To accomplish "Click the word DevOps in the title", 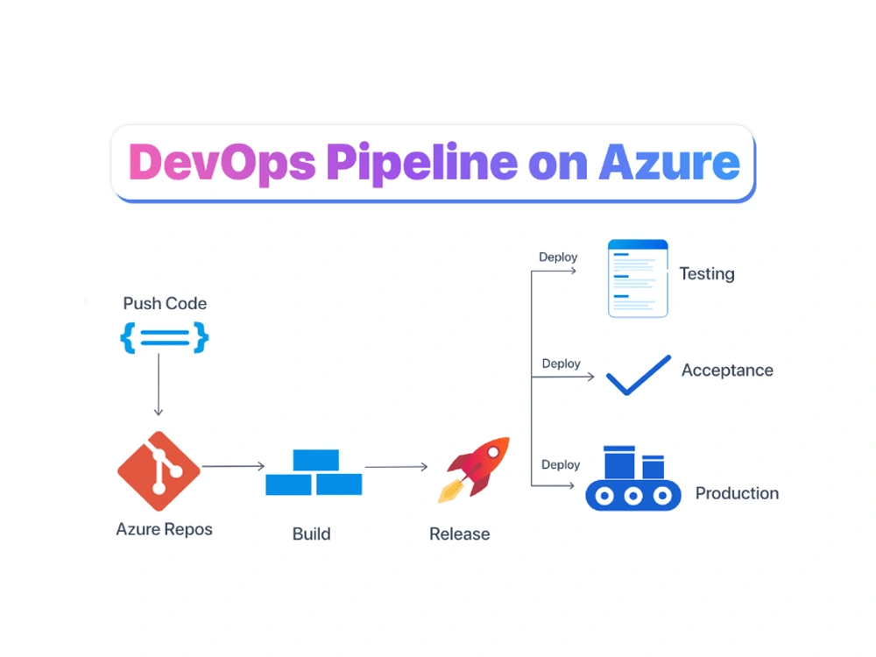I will click(x=222, y=163).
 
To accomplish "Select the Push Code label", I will click(x=165, y=304).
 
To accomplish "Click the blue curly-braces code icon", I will click(x=165, y=337).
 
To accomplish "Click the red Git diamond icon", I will click(x=159, y=471).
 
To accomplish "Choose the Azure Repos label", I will click(x=164, y=529).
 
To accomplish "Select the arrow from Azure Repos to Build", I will click(x=233, y=466).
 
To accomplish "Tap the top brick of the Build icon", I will click(x=315, y=460).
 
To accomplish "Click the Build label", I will click(x=312, y=533).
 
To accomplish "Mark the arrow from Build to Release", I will click(x=396, y=467).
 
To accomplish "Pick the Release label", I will click(x=459, y=533).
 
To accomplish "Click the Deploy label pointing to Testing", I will click(x=558, y=257).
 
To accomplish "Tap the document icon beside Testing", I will click(x=638, y=278).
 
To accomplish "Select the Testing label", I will click(x=707, y=274).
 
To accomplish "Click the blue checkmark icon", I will click(x=638, y=375).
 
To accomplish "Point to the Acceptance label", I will click(x=727, y=371).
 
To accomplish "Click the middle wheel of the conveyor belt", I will click(x=633, y=497).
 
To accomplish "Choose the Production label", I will click(x=737, y=493).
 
